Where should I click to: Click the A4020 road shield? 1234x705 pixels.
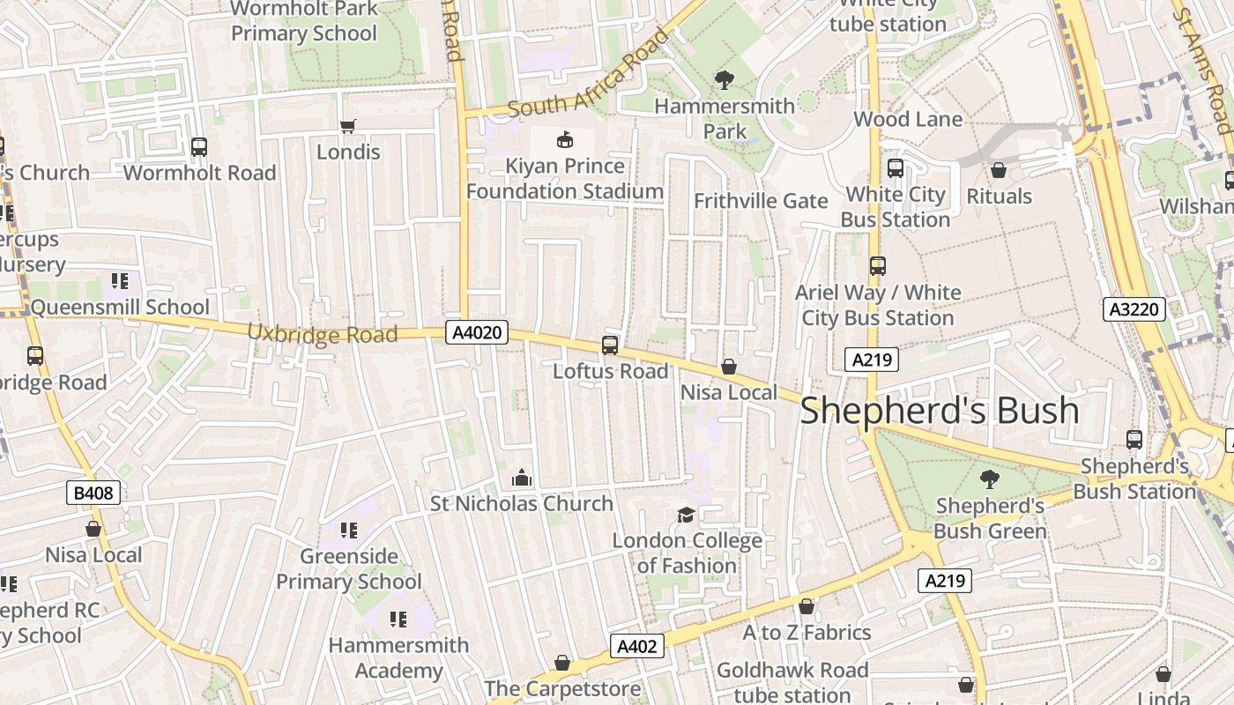477,332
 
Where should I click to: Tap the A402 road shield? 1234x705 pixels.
636,646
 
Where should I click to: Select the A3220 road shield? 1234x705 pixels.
1134,309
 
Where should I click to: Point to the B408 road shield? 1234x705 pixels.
93,493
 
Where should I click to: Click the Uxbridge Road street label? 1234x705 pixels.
322,334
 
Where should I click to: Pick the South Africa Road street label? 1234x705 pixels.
589,78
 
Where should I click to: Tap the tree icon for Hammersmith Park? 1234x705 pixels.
725,81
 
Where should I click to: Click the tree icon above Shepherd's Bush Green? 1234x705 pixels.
990,479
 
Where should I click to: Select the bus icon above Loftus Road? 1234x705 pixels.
610,345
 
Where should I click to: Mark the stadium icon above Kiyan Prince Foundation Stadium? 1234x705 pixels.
564,139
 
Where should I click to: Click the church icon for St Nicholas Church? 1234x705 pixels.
522,478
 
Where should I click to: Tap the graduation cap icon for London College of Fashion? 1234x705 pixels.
686,515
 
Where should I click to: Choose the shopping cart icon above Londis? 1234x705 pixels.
348,126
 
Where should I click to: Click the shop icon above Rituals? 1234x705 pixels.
999,170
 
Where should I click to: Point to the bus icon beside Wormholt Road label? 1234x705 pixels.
199,147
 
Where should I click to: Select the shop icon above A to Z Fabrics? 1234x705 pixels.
807,606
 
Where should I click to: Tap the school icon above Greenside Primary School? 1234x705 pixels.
349,531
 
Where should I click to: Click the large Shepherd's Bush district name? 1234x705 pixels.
939,411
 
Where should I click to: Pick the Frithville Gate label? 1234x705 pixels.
761,201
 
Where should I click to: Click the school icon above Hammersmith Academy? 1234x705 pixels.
398,620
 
